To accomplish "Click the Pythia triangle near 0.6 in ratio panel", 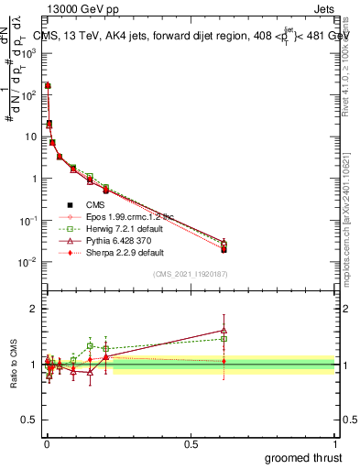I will pyautogui.click(x=224, y=331).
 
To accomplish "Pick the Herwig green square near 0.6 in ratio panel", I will pyautogui.click(x=224, y=339).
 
